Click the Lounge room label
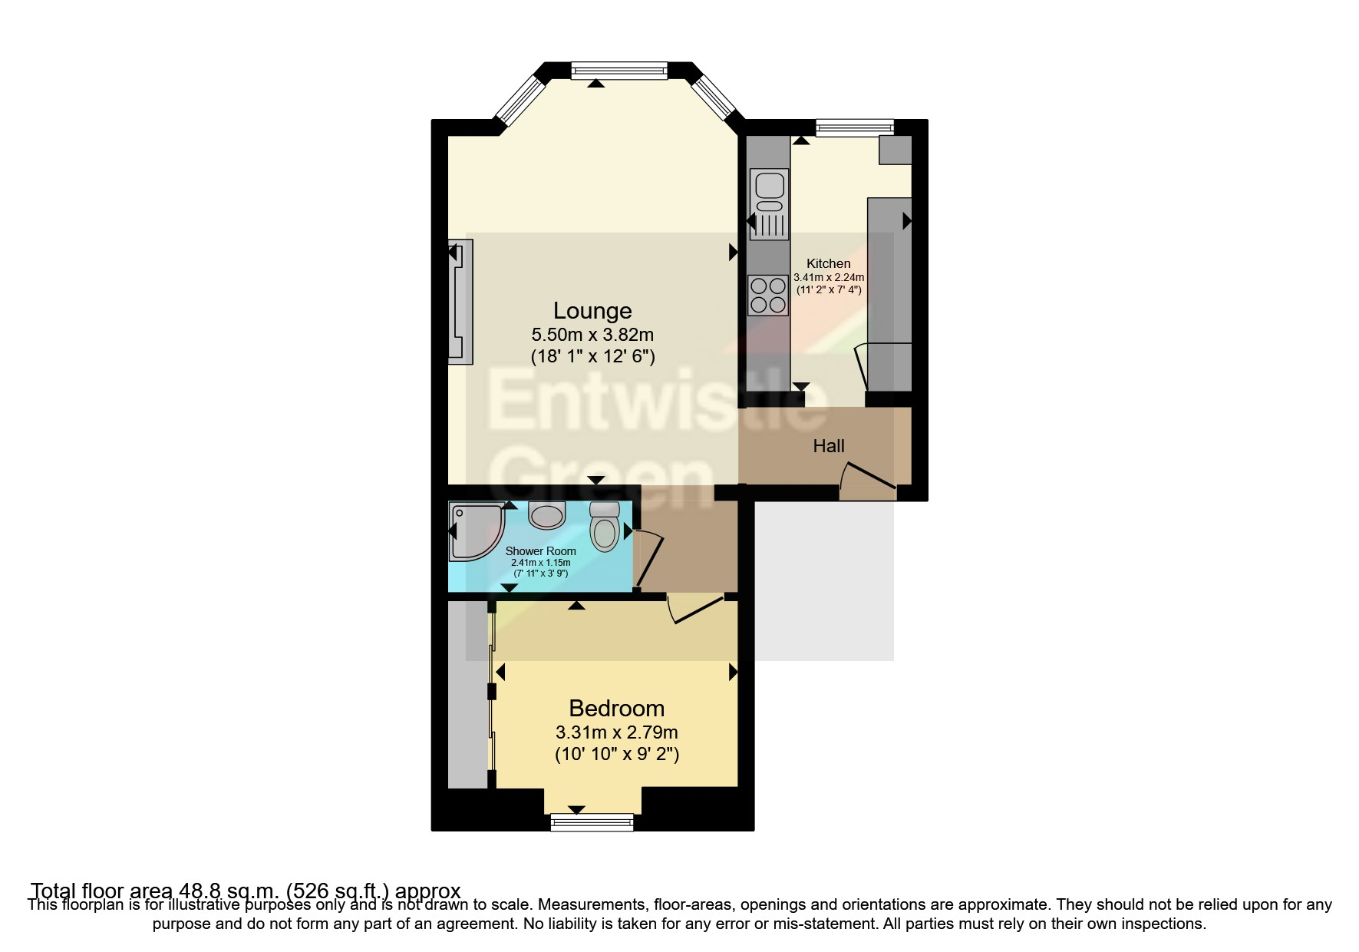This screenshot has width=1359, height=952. (x=592, y=311)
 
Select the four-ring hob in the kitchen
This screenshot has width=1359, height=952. (x=768, y=296)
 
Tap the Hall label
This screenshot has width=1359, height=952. (x=829, y=446)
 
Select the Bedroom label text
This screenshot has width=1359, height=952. (x=616, y=708)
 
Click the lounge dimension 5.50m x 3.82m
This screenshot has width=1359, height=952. (x=592, y=335)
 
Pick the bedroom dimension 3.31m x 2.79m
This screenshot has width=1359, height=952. (x=616, y=732)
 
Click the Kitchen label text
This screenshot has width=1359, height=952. (x=828, y=263)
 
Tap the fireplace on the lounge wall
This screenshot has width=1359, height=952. (x=461, y=301)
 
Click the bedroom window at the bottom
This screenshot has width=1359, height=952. (x=592, y=822)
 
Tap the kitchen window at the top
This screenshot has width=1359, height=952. (x=855, y=127)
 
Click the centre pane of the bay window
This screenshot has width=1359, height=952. (x=619, y=71)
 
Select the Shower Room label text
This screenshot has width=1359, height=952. (x=540, y=551)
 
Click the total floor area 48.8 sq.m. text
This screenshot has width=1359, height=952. (x=246, y=891)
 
